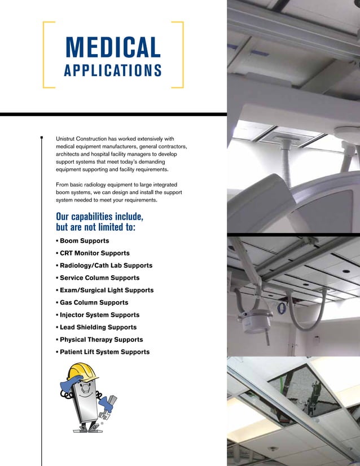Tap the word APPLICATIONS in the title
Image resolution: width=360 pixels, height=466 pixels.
(x=113, y=71)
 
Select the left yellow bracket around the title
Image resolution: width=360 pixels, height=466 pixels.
(x=45, y=55)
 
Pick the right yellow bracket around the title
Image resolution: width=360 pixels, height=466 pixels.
(x=182, y=55)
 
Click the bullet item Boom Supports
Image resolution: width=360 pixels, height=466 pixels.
(x=85, y=241)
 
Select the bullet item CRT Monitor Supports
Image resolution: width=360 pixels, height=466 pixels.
(x=95, y=253)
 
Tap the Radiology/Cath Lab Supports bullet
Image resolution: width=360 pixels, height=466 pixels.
(x=106, y=266)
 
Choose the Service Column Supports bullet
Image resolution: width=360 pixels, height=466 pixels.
(x=99, y=278)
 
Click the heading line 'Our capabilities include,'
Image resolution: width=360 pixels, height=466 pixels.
(x=100, y=217)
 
